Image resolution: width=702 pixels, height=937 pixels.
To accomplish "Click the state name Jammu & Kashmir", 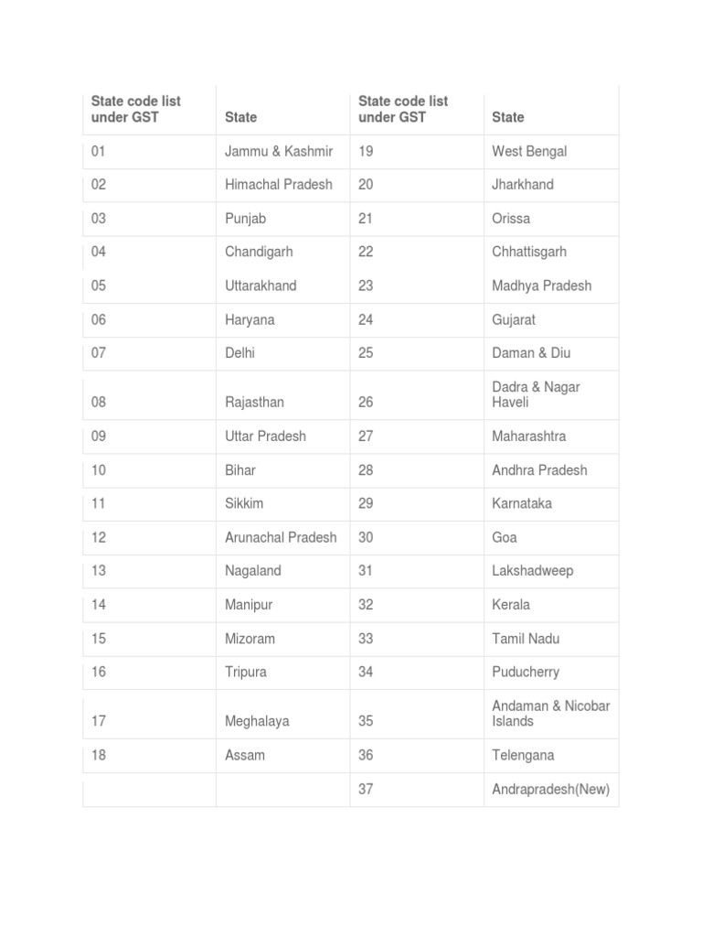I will pyautogui.click(x=279, y=151).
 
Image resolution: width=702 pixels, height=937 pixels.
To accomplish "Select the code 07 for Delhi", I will pyautogui.click(x=99, y=353).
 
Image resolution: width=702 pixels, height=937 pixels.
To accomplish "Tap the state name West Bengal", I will pyautogui.click(x=529, y=151).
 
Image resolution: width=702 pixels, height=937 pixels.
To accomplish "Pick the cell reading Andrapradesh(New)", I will pyautogui.click(x=550, y=790).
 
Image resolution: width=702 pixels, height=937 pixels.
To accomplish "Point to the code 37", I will pyautogui.click(x=366, y=790).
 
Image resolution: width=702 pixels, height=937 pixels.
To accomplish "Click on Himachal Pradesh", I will pyautogui.click(x=279, y=185).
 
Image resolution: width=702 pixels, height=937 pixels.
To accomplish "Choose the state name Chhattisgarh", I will pyautogui.click(x=529, y=252).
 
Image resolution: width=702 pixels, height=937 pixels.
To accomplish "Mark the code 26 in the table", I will pyautogui.click(x=366, y=403).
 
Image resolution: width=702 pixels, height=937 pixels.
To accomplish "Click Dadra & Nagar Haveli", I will pyautogui.click(x=536, y=394).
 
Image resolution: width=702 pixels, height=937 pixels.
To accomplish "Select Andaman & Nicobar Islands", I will pyautogui.click(x=550, y=714).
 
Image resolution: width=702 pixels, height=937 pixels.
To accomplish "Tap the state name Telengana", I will pyautogui.click(x=523, y=756).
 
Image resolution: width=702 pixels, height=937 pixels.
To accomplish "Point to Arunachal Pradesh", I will pyautogui.click(x=281, y=537).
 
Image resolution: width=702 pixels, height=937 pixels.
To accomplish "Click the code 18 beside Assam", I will pyautogui.click(x=99, y=756).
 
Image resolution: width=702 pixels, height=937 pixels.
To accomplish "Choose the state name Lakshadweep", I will pyautogui.click(x=532, y=571).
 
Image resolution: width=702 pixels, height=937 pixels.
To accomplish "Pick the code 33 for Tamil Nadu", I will pyautogui.click(x=366, y=639).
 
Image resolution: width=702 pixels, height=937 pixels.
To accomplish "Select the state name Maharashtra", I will pyautogui.click(x=528, y=436).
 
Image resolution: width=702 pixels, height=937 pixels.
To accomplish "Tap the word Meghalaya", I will pyautogui.click(x=257, y=721).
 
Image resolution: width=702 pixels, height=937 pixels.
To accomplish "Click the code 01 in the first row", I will pyautogui.click(x=99, y=151).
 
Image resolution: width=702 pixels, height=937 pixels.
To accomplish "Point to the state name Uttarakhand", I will pyautogui.click(x=261, y=285).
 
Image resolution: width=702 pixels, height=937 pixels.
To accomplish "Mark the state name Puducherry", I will pyautogui.click(x=526, y=672).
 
